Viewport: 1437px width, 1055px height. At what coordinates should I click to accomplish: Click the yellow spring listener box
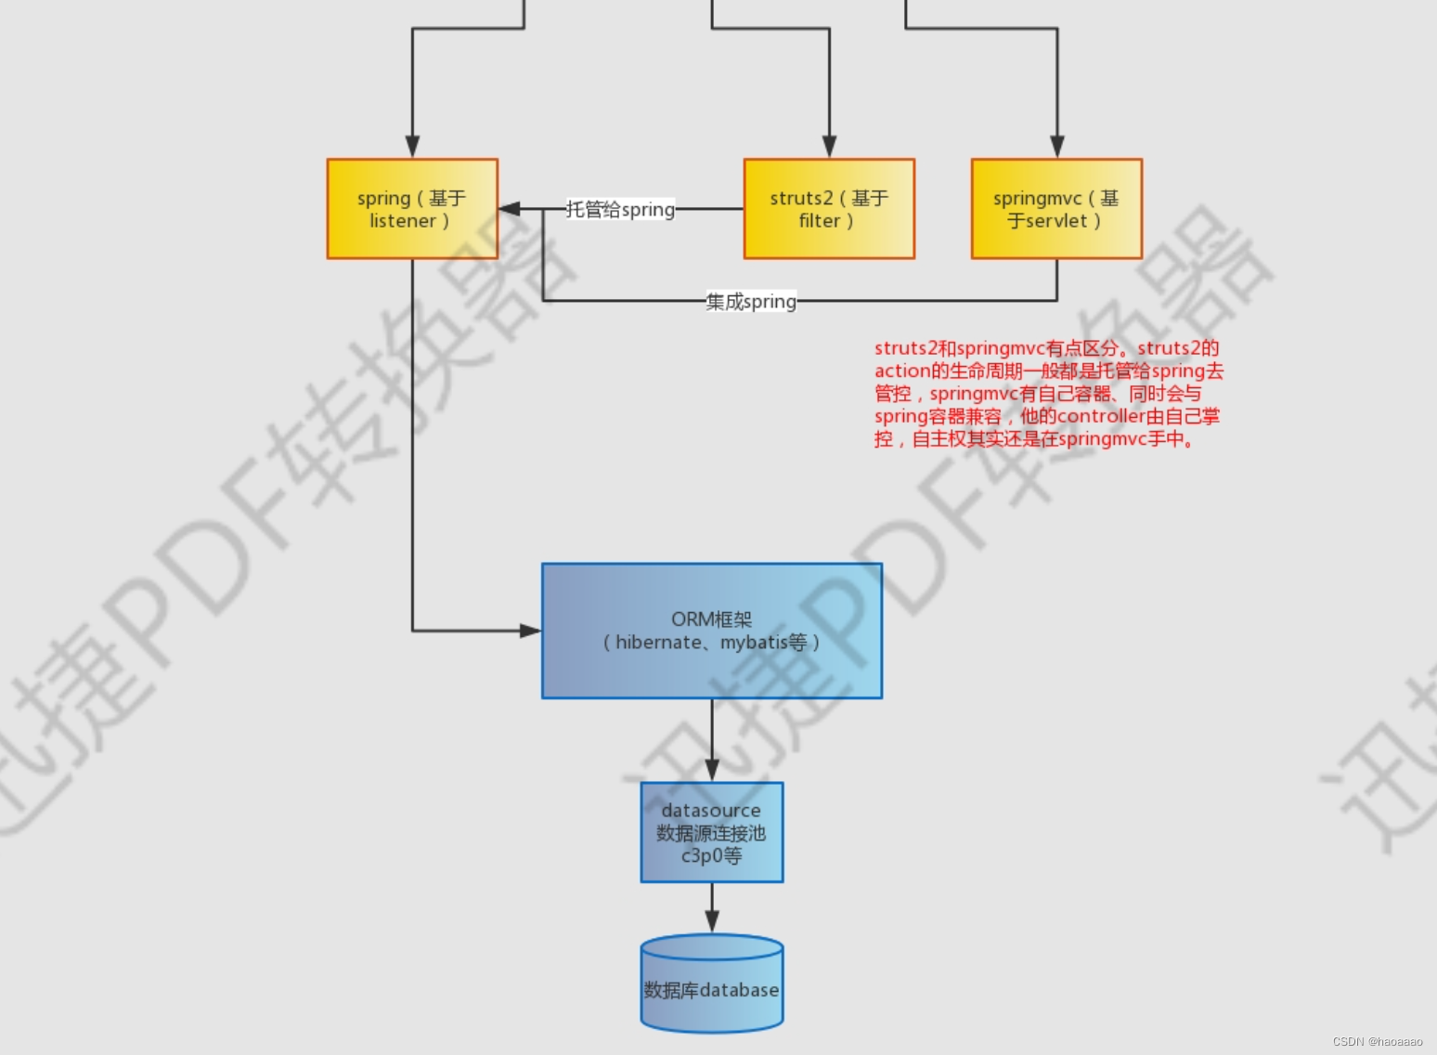[412, 209]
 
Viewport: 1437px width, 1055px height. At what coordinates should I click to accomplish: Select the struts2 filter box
[829, 209]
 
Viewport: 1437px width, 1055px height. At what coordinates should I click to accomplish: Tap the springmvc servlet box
[1056, 209]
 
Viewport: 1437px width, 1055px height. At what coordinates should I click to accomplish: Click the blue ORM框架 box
[712, 631]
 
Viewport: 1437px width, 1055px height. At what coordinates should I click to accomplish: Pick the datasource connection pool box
[712, 832]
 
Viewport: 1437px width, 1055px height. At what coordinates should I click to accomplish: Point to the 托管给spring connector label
[621, 210]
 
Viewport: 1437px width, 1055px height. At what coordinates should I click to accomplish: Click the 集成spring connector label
[751, 302]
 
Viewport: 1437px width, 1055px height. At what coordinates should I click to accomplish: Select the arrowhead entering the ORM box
[530, 631]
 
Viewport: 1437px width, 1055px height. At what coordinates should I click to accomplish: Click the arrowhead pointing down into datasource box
[712, 770]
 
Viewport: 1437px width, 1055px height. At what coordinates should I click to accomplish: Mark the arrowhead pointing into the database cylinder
[712, 921]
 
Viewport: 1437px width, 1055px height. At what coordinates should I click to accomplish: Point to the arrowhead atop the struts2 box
[829, 147]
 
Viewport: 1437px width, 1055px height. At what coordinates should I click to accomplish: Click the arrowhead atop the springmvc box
[1056, 147]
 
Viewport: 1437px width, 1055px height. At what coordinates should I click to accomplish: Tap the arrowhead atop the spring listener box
[412, 147]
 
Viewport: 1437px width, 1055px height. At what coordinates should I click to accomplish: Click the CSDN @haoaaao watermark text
[1378, 1042]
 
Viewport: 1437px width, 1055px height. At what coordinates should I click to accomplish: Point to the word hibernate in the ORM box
[658, 643]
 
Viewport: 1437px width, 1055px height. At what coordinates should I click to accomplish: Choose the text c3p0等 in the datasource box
[712, 855]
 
